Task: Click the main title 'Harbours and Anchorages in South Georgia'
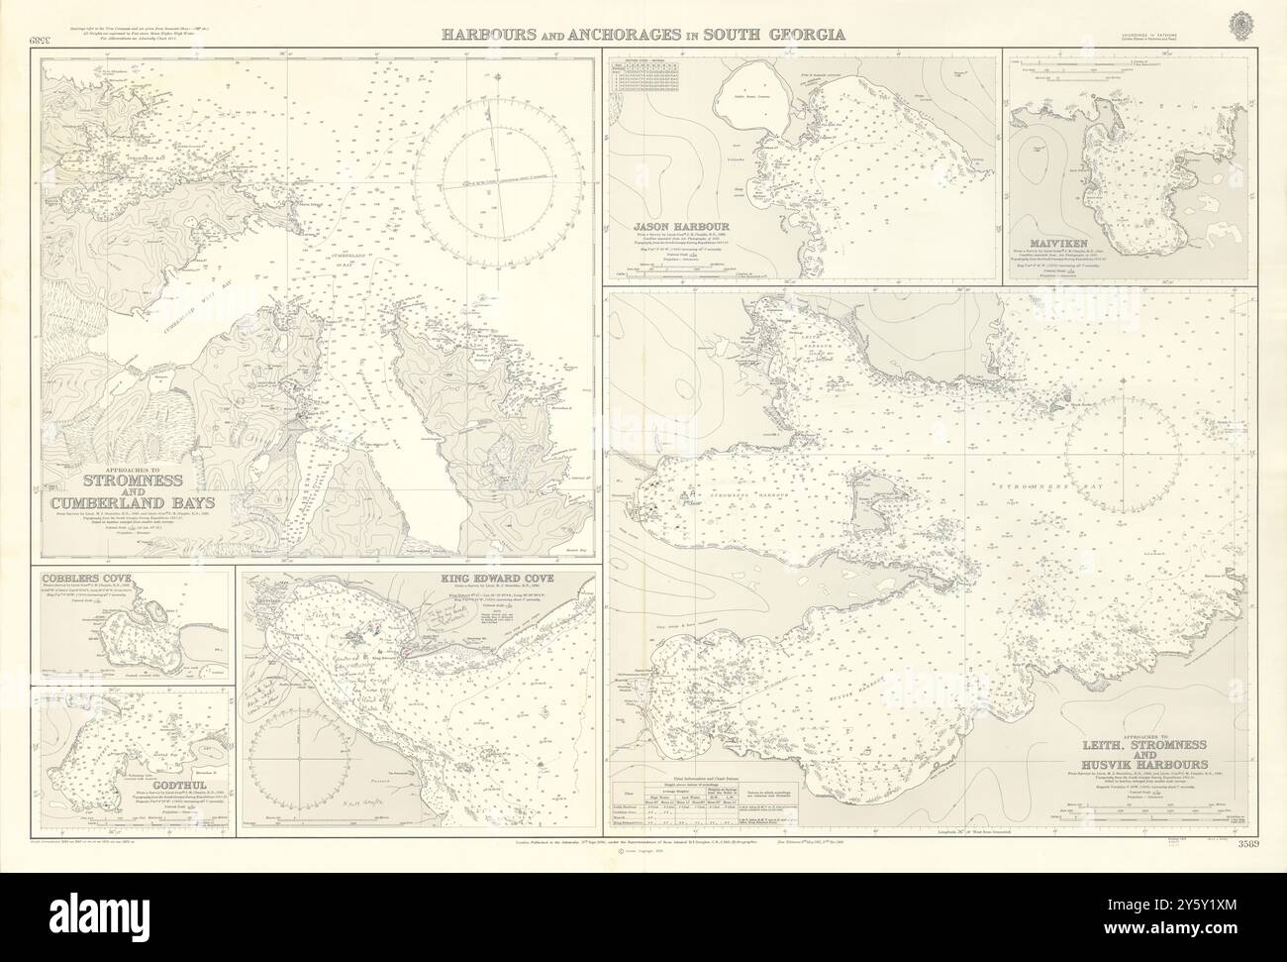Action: tap(643, 34)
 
